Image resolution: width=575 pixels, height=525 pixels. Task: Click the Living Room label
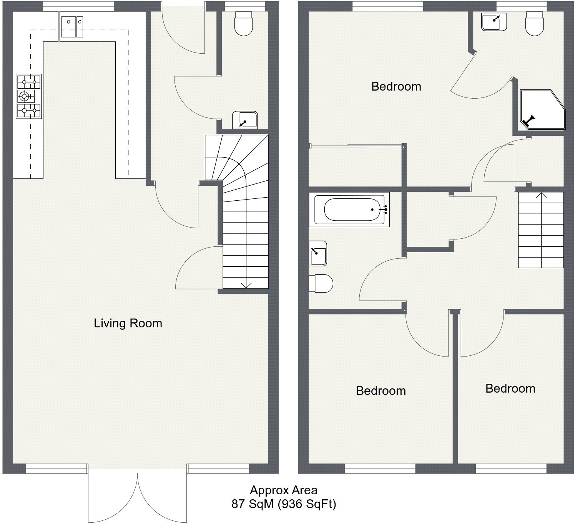tap(128, 324)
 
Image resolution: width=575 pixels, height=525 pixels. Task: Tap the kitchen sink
tap(72, 26)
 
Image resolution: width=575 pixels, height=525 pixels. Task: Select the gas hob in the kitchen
tap(29, 96)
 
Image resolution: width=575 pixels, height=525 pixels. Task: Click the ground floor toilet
tap(243, 23)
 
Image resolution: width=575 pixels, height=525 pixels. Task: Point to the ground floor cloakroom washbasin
tap(245, 120)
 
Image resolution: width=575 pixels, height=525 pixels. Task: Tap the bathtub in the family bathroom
tap(349, 210)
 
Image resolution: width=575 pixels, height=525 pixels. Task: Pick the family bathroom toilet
tap(321, 283)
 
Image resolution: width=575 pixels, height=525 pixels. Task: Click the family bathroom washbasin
tap(317, 253)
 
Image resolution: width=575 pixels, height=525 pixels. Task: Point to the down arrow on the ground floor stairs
tap(246, 286)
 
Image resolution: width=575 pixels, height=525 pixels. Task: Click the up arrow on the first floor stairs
tap(541, 195)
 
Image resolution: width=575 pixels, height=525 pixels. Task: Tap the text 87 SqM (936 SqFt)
tap(284, 504)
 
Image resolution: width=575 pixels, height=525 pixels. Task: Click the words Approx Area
tap(284, 490)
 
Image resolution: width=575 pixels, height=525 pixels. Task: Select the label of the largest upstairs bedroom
tap(396, 86)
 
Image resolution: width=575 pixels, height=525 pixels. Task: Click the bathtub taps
tap(384, 210)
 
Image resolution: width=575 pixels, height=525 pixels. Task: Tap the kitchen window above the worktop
tap(78, 6)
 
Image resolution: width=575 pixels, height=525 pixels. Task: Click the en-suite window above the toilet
tap(522, 6)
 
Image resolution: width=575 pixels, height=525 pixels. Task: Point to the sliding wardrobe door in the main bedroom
tap(356, 146)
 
